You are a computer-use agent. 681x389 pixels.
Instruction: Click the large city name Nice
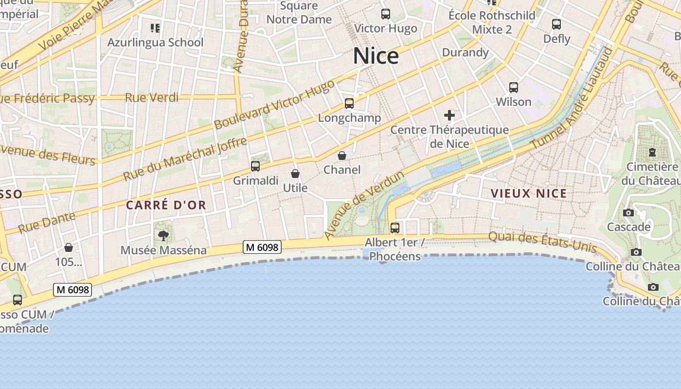click(376, 56)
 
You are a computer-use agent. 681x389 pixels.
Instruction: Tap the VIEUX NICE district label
click(529, 194)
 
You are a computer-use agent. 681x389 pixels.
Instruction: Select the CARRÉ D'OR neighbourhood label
click(166, 205)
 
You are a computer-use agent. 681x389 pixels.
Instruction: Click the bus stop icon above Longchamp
click(349, 104)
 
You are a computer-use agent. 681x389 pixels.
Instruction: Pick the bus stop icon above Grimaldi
click(255, 166)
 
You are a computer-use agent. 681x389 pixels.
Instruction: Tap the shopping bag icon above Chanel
click(342, 156)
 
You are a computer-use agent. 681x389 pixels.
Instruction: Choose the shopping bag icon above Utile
click(295, 174)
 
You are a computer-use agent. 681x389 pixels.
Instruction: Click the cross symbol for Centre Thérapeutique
click(449, 115)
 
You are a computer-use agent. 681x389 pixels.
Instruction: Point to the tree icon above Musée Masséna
click(163, 236)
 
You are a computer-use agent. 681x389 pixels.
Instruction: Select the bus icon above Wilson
click(514, 88)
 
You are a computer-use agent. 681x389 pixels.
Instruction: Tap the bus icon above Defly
click(556, 24)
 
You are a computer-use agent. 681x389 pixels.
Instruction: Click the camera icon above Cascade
click(628, 212)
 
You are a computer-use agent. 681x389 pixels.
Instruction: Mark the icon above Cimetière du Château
click(652, 152)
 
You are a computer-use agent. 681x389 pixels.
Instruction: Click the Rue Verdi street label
click(152, 97)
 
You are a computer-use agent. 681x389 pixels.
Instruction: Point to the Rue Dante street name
click(47, 222)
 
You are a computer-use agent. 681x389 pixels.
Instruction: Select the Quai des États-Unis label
click(542, 242)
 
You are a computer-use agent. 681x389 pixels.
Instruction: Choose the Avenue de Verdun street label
click(364, 205)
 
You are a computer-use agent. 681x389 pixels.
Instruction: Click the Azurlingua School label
click(155, 42)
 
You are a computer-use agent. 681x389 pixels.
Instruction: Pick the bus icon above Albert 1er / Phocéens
click(395, 228)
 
